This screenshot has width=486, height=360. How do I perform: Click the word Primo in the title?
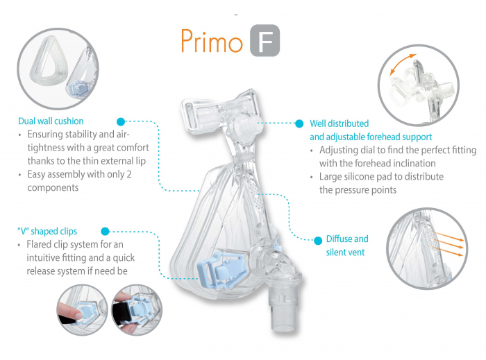[x=211, y=41]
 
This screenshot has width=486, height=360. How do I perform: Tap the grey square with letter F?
[x=265, y=42]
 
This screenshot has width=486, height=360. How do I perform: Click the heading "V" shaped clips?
[x=47, y=231]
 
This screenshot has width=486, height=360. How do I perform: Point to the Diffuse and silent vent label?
[x=347, y=245]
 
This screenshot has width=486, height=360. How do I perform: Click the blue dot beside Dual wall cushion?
[x=121, y=121]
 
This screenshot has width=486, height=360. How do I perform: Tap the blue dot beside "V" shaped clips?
[x=106, y=231]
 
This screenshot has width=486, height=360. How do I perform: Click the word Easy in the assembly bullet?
[x=37, y=174]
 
